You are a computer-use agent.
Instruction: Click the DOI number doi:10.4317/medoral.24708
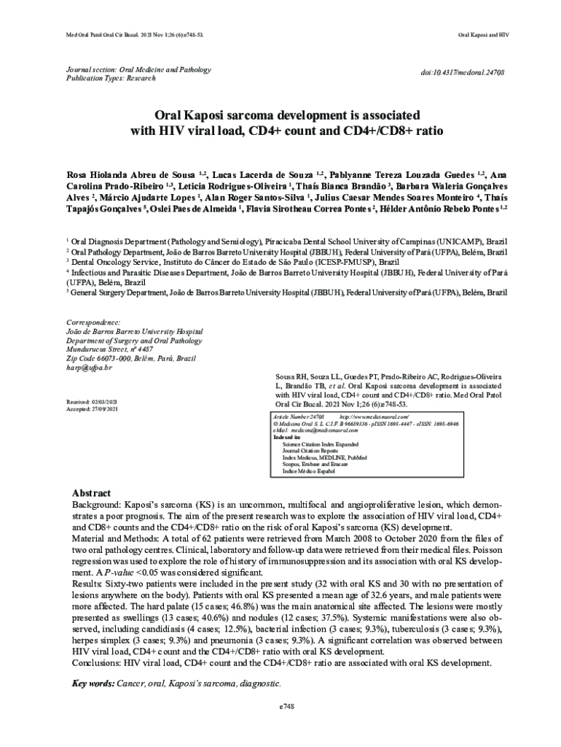(x=463, y=74)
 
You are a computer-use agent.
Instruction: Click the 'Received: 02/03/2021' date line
(x=91, y=402)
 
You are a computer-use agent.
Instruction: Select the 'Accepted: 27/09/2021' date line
(x=92, y=409)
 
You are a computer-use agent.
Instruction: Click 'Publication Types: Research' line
(x=111, y=79)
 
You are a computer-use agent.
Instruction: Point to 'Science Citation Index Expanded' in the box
(x=321, y=444)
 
